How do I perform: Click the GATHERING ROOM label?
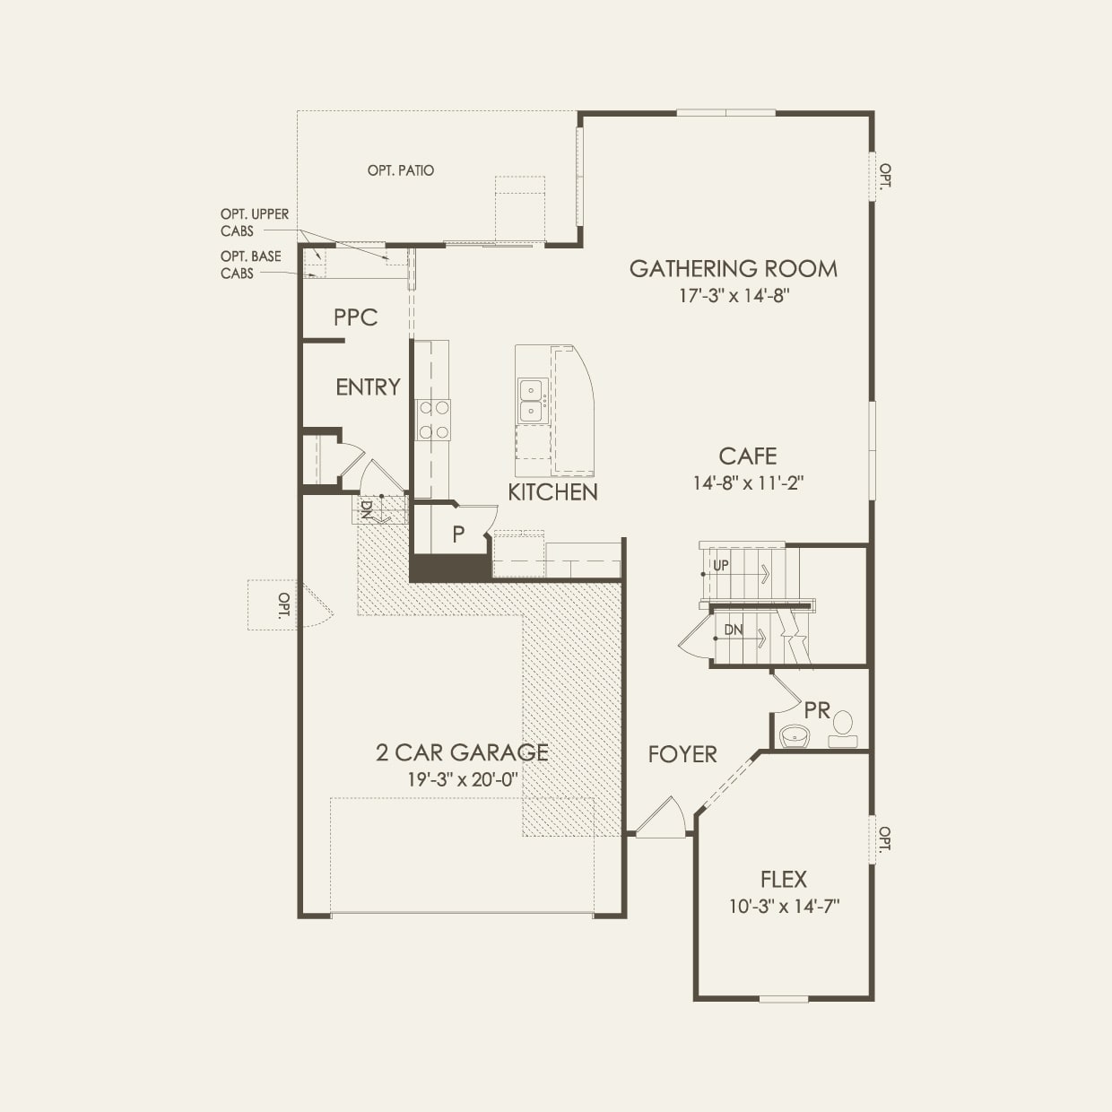point(733,269)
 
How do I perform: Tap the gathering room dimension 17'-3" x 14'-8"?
point(733,296)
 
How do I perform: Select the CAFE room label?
point(748,456)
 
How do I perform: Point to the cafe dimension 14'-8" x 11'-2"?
point(748,483)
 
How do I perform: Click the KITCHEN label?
point(552,492)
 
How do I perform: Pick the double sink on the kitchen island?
point(531,400)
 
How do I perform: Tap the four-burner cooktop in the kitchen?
point(433,420)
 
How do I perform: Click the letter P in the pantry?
point(458,534)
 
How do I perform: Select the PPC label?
point(355,317)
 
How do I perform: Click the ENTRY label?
point(368,387)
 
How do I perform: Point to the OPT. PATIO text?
point(401,170)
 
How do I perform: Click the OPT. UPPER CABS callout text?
point(255,222)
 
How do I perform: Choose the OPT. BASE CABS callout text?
point(251,265)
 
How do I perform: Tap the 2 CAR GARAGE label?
point(462,752)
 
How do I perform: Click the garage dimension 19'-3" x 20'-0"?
point(463,779)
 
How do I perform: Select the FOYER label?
point(682,755)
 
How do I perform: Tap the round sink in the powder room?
point(794,735)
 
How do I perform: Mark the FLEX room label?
point(784,880)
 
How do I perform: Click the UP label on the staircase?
point(721,566)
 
